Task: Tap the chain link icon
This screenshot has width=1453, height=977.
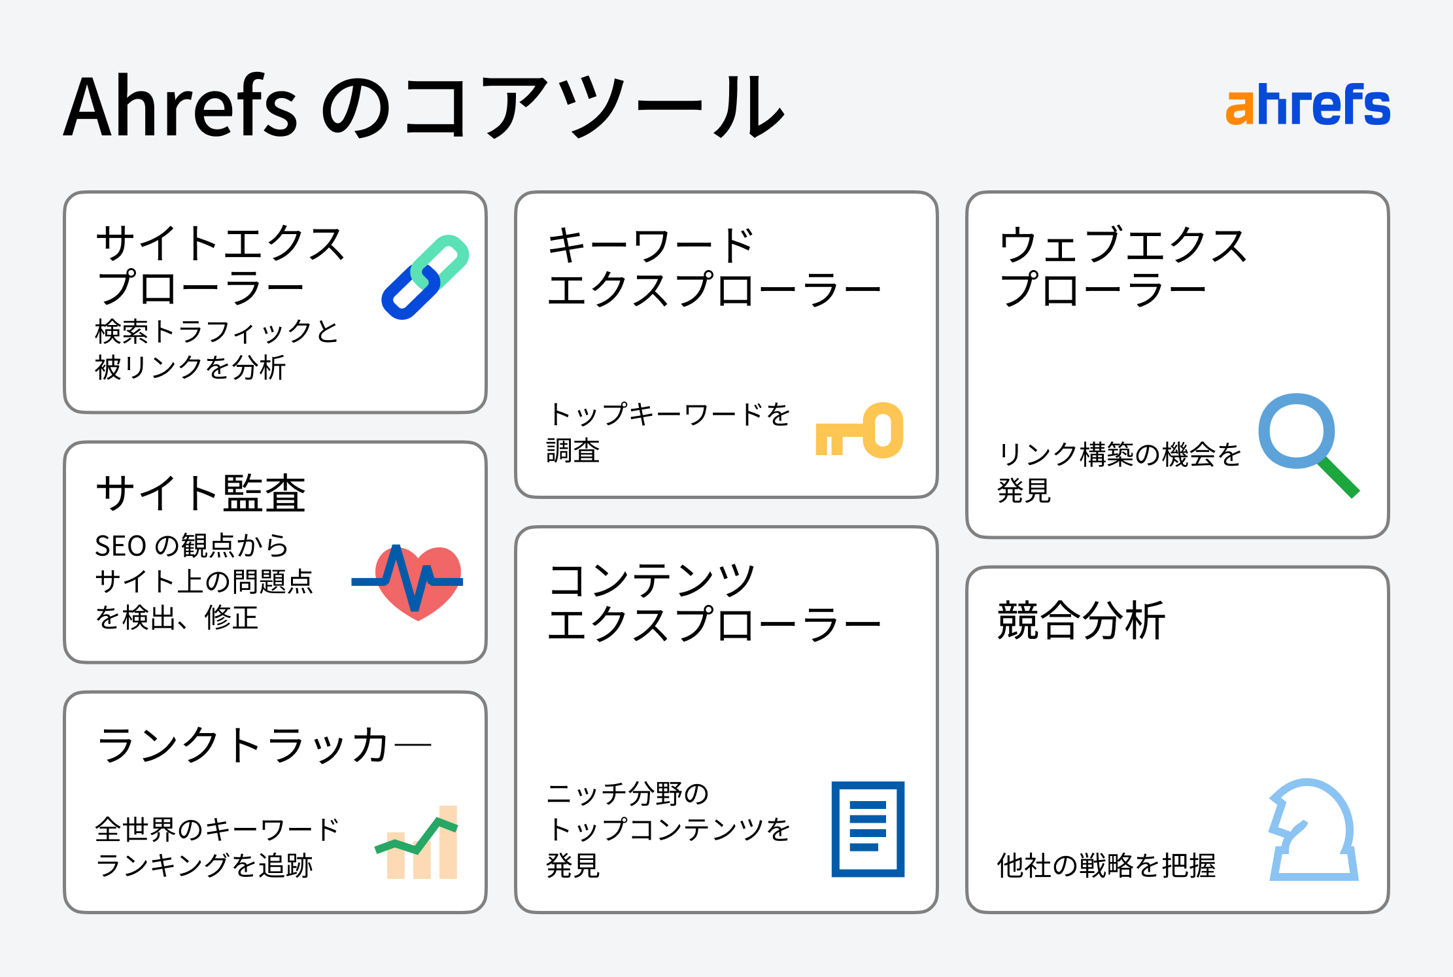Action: (425, 277)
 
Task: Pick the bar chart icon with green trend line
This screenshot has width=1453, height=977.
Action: (416, 842)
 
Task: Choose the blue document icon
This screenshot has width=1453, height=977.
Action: (868, 829)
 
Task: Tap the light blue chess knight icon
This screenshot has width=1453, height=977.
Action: (1313, 829)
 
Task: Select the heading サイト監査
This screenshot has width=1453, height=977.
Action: (201, 493)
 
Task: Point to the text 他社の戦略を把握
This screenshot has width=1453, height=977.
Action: (1106, 865)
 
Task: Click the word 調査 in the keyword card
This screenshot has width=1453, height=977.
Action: (573, 451)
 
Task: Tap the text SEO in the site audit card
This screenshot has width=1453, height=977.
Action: (120, 546)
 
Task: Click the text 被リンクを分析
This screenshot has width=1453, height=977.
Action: (190, 368)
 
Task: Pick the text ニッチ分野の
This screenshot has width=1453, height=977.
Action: (628, 793)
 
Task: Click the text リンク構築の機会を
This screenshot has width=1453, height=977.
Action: (1119, 454)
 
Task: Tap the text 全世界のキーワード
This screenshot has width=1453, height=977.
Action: (217, 829)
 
